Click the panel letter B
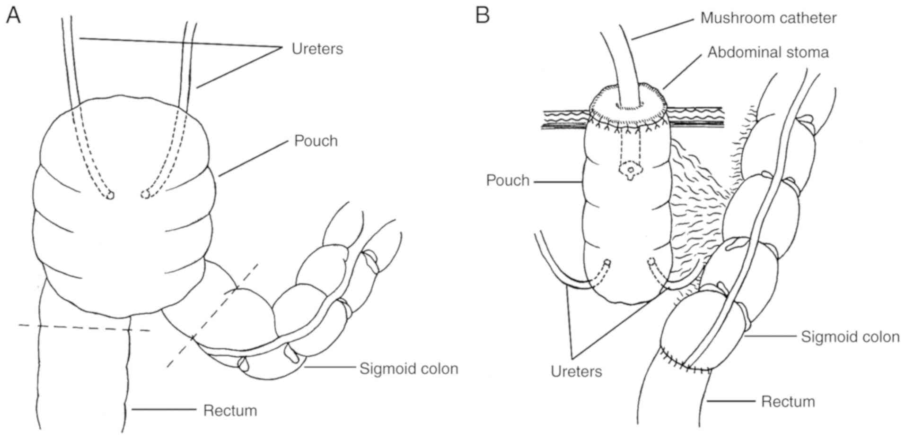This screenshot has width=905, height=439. coord(482,16)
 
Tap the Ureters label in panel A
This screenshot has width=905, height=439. coord(317,49)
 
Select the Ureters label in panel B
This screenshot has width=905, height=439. coord(576,371)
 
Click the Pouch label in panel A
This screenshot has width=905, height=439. coord(316,141)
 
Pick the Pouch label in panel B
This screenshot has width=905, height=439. coord(508,181)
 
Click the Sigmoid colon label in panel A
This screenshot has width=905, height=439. coord(409,369)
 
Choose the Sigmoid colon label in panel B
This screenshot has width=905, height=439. coord(850,337)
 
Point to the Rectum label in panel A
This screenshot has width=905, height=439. coord(230,410)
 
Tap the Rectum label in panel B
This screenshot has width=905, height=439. coord(788,402)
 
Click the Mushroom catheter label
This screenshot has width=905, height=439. coord(768,18)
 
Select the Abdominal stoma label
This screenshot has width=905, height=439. coord(768,52)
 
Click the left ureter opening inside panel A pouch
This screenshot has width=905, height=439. coord(110,195)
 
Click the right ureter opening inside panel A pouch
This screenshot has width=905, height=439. coord(145,194)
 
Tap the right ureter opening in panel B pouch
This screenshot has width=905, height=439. coord(651,261)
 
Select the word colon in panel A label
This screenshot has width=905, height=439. coord(438,369)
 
